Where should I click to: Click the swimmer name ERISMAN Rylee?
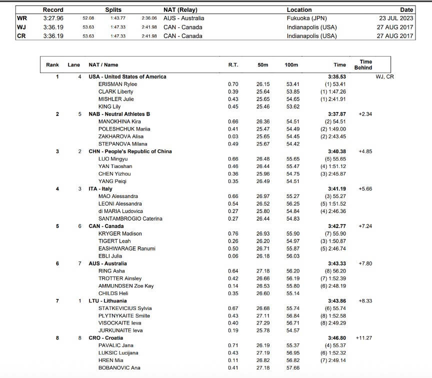pyautogui.click(x=117, y=84)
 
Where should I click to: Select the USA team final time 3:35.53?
pyautogui.click(x=336, y=77)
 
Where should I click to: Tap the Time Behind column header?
pyautogui.click(x=363, y=64)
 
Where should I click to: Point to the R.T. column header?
pyautogui.click(x=233, y=65)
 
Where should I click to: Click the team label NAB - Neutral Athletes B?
pyautogui.click(x=119, y=114)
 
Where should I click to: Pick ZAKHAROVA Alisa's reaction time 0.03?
pyautogui.click(x=233, y=136)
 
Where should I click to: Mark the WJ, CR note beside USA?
pyautogui.click(x=384, y=77)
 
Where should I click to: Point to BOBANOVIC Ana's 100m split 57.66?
pyautogui.click(x=292, y=368)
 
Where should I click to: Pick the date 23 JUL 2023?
pyautogui.click(x=396, y=18)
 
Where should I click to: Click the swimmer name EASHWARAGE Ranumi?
pyautogui.click(x=127, y=249)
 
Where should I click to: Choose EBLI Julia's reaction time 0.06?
pyautogui.click(x=233, y=256)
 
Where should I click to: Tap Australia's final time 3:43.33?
pyautogui.click(x=336, y=263)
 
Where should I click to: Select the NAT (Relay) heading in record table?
pyautogui.click(x=180, y=9)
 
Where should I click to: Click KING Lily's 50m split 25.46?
pyautogui.click(x=262, y=107)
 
